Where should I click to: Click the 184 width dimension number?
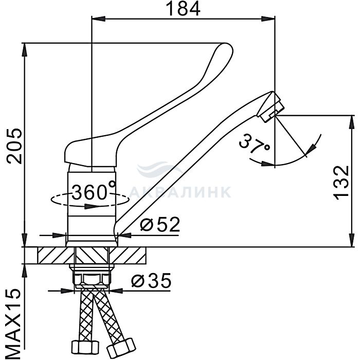[x=183, y=9]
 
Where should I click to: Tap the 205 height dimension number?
[x=14, y=146]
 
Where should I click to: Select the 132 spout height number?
[x=341, y=183]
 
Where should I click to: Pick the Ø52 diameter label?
[x=160, y=224]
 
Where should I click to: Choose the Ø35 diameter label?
[x=151, y=280]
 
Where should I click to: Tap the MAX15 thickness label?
[x=13, y=323]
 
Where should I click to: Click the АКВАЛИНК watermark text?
[x=180, y=192]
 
